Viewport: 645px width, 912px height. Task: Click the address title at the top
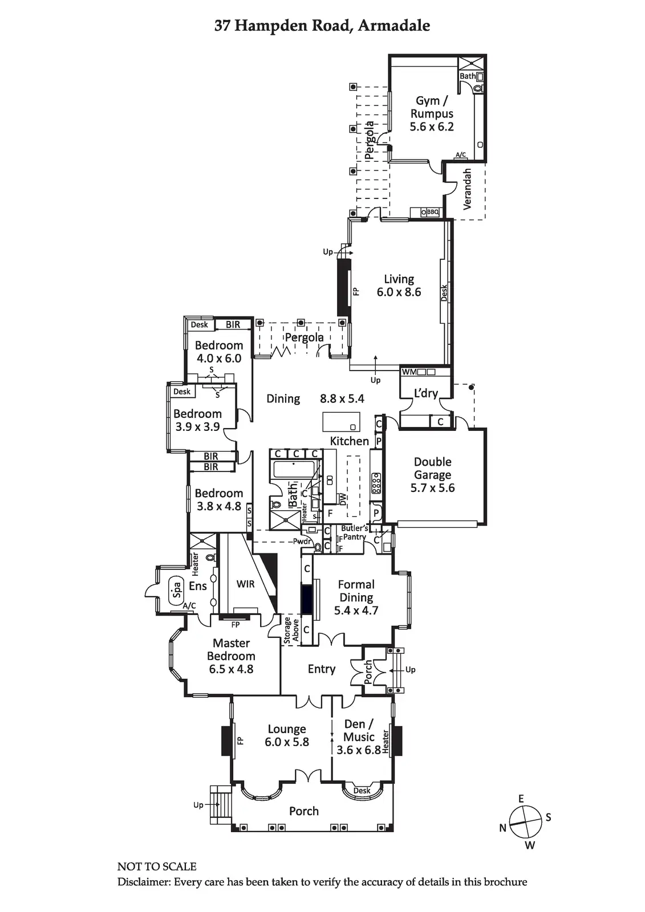click(x=322, y=26)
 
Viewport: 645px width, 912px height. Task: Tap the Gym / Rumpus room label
click(x=432, y=113)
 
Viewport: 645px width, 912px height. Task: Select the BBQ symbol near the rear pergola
click(x=431, y=212)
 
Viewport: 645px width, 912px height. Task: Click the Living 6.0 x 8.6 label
click(x=399, y=286)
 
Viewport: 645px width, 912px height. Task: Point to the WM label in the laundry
click(x=409, y=372)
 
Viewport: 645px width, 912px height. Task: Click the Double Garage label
click(x=433, y=474)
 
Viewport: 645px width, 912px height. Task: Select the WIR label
click(x=245, y=584)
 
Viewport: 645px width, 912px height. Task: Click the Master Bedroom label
click(x=231, y=655)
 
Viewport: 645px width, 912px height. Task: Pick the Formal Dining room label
click(x=356, y=597)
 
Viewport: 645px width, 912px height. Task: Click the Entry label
click(x=322, y=669)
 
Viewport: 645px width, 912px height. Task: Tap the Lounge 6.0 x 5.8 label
click(x=287, y=735)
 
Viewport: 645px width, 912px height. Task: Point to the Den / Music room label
click(x=359, y=736)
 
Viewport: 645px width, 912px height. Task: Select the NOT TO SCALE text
click(x=157, y=866)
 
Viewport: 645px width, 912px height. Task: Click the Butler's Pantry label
click(x=354, y=532)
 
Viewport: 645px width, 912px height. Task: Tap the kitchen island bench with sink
click(x=342, y=422)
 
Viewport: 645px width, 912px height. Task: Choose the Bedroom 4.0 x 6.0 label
click(x=219, y=352)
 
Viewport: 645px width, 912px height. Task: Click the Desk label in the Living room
click(x=444, y=292)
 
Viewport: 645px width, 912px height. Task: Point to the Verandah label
click(x=467, y=189)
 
